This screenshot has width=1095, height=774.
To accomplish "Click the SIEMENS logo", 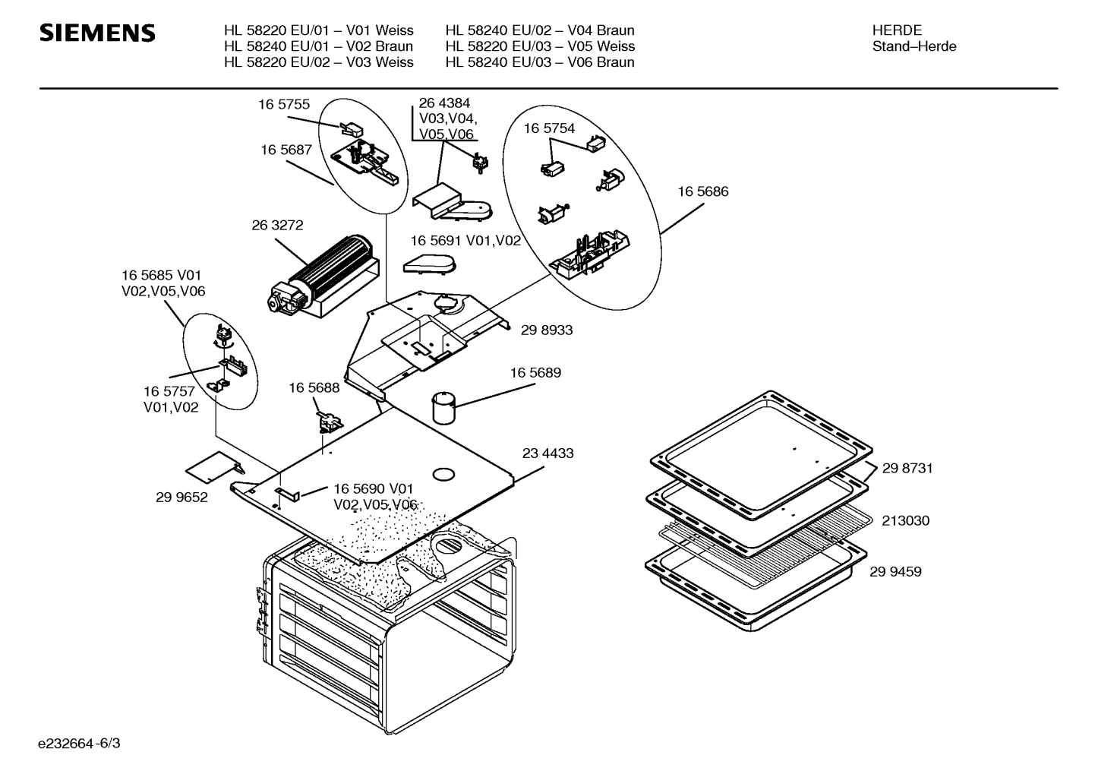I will pyautogui.click(x=97, y=33).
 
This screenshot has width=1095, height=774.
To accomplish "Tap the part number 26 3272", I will pyautogui.click(x=277, y=226).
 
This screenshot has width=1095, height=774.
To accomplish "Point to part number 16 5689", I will pyautogui.click(x=535, y=373).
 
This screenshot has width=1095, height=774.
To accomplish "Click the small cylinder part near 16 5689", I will pyautogui.click(x=443, y=407).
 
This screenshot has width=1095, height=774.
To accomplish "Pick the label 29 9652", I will pyautogui.click(x=181, y=498).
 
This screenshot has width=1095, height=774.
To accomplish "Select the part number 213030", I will pyautogui.click(x=905, y=521).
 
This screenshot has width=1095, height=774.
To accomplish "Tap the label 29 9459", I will pyautogui.click(x=895, y=572).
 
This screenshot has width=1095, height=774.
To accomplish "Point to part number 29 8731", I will pyautogui.click(x=907, y=469).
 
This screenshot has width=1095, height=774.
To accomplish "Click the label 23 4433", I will pyautogui.click(x=547, y=453).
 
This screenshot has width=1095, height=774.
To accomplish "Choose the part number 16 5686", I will pyautogui.click(x=702, y=192).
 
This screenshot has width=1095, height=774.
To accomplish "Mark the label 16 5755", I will pyautogui.click(x=283, y=106).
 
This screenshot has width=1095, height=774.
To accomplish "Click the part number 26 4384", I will pyautogui.click(x=444, y=103).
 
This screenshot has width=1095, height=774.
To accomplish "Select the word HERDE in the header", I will pyautogui.click(x=897, y=30).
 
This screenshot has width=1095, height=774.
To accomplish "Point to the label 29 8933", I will pyautogui.click(x=547, y=330).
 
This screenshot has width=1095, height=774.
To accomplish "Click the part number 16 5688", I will pyautogui.click(x=314, y=388).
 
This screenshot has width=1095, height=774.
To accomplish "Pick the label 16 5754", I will pyautogui.click(x=549, y=129).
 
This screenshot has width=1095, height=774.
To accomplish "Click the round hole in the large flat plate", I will pyautogui.click(x=443, y=475).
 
